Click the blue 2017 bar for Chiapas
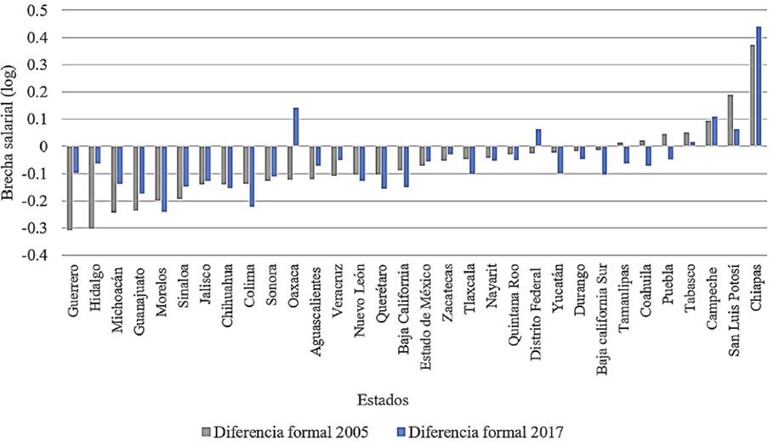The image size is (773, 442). pos(759,87)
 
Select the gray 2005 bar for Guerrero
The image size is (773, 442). pos(70,188)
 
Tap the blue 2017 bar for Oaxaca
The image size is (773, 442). pos(296,127)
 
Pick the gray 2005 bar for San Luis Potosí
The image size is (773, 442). pos(730,121)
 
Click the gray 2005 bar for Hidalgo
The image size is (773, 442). pos(92,188)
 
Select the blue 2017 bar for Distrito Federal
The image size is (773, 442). pos(538,138)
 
